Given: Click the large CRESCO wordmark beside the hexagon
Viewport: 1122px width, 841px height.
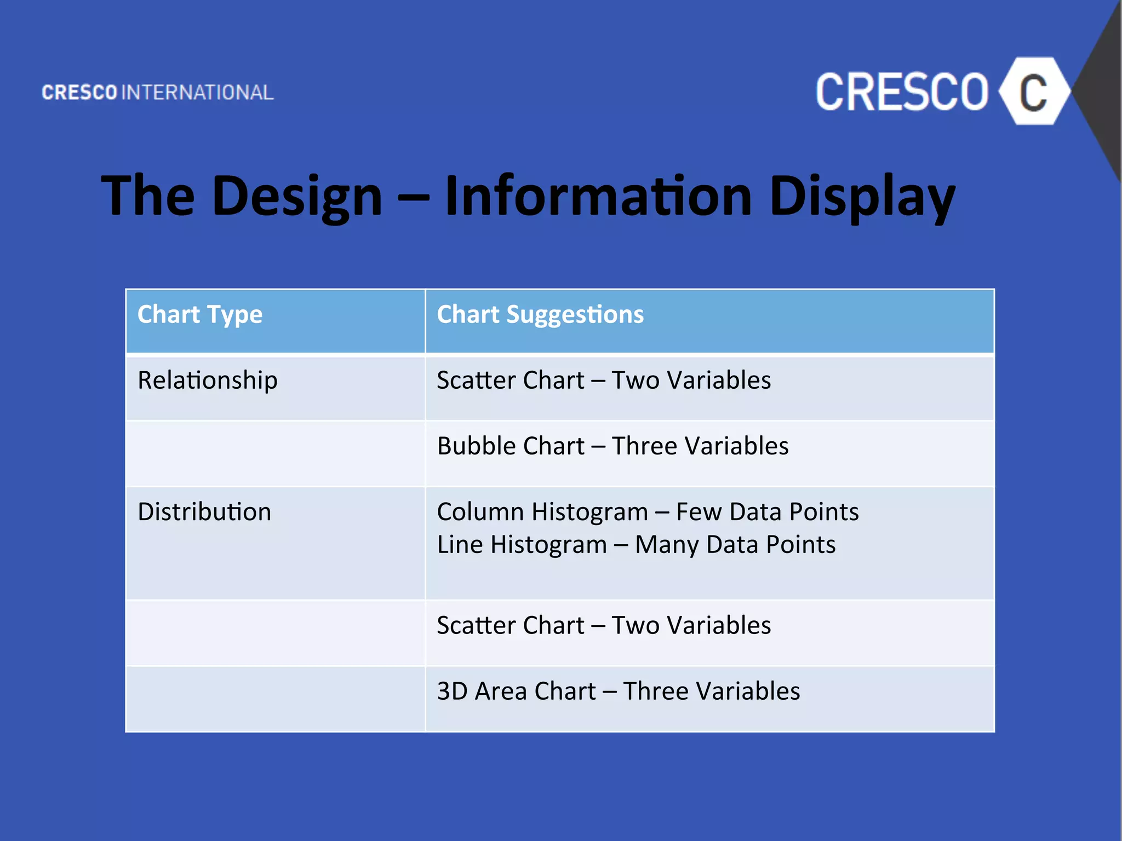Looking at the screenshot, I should (x=902, y=93).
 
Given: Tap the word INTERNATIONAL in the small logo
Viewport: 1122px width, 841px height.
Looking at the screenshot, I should (x=197, y=93).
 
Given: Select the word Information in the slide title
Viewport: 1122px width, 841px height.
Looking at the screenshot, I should (x=598, y=196).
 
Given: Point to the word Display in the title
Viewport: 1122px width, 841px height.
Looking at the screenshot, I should (x=862, y=196).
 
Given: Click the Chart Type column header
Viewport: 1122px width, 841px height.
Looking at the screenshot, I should (x=200, y=315).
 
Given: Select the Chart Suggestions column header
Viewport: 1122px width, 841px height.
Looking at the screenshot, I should (x=540, y=315).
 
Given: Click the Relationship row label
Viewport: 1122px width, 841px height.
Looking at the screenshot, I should (x=207, y=381).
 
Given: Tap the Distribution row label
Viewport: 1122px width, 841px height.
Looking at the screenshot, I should (x=204, y=512).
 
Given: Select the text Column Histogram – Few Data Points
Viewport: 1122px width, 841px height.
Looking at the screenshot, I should (x=648, y=512).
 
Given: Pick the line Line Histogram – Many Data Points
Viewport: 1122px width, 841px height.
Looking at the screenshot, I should (x=636, y=545).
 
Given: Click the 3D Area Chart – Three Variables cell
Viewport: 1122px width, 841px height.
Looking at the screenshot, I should (x=618, y=691).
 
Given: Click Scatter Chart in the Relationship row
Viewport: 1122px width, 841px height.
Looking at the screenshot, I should (x=511, y=381).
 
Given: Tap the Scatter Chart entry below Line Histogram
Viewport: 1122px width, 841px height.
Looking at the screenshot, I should (x=511, y=625).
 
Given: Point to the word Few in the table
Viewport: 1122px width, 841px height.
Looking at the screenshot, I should (x=698, y=512).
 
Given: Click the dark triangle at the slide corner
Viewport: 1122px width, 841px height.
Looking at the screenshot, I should (x=1104, y=93).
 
